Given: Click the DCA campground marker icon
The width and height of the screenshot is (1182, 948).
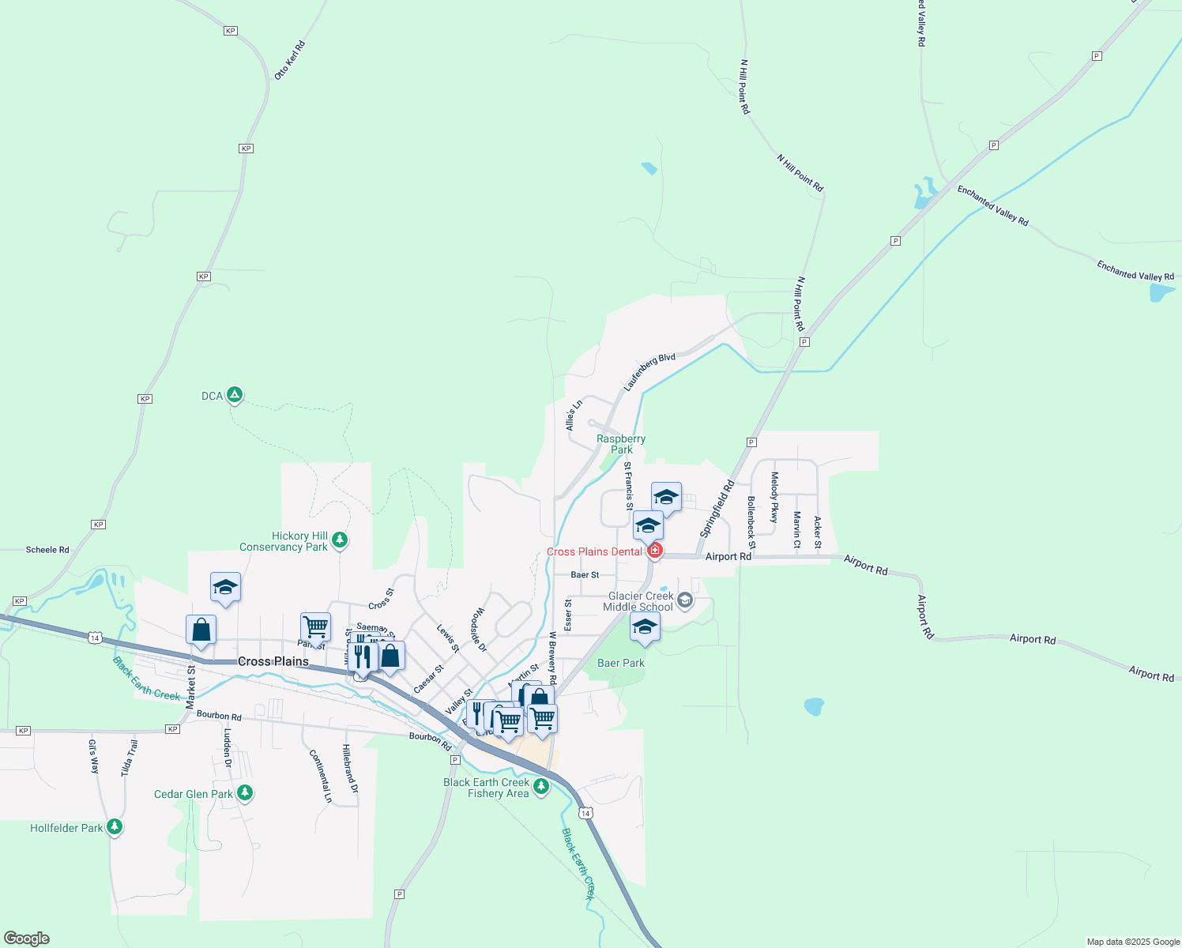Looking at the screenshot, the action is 234,395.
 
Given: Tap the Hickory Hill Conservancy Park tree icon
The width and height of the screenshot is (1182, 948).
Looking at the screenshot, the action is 340,540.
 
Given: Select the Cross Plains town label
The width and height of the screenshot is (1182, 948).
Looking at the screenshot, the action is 273,661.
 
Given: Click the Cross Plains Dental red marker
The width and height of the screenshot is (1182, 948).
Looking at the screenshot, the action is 654,551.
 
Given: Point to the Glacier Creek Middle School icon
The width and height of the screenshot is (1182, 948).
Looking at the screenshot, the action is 685,600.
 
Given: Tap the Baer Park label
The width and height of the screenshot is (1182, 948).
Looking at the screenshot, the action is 620,663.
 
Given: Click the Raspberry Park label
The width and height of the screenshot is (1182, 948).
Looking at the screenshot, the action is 621,444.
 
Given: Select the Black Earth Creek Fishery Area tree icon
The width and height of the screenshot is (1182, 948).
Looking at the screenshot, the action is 541,786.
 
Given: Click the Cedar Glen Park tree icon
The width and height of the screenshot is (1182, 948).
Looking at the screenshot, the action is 245,792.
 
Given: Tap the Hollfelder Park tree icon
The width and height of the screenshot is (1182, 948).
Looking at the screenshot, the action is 115,827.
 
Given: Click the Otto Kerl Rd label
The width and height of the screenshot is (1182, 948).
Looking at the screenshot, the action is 289,60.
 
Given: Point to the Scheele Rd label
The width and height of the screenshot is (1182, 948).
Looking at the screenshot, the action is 47,550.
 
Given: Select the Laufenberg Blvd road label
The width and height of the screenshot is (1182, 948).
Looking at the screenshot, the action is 649,372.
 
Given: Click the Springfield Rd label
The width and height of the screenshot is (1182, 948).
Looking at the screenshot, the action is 717,509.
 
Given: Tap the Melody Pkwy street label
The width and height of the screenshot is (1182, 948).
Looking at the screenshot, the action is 774,497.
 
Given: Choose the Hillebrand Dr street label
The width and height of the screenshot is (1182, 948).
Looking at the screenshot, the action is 350,769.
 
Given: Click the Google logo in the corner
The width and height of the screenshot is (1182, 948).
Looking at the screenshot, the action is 27,939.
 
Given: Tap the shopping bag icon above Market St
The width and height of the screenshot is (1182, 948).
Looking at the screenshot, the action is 201,630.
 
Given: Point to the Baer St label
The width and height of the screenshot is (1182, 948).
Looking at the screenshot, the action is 585,575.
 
